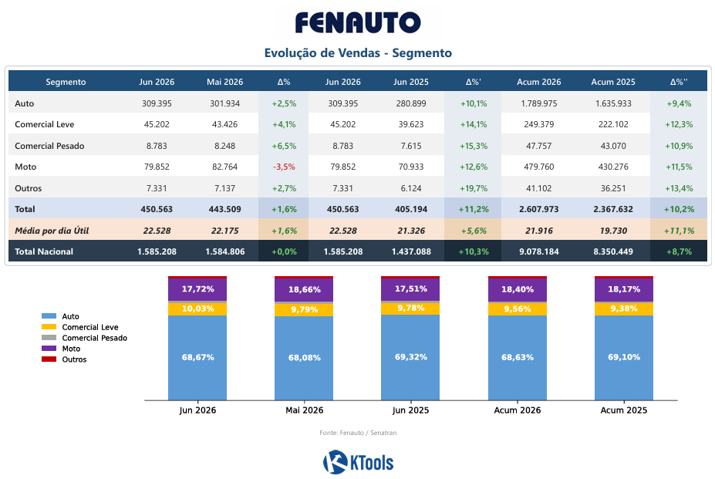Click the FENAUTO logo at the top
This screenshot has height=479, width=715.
(358, 22)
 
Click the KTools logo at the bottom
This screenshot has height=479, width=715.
(359, 462)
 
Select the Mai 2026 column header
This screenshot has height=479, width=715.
(224, 82)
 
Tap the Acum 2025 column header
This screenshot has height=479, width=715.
(613, 82)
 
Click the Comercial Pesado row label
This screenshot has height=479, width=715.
(49, 146)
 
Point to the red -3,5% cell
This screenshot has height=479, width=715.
(284, 167)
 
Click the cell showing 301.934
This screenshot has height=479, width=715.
(224, 103)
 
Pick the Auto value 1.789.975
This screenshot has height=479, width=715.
(539, 103)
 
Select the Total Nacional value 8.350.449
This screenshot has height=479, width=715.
(613, 251)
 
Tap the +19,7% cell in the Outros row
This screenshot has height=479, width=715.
(474, 188)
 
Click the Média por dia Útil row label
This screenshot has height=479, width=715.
(52, 231)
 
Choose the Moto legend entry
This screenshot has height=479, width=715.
(61, 349)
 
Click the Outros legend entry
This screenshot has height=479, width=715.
(64, 359)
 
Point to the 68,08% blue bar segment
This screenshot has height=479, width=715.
(304, 358)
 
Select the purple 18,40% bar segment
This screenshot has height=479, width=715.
(518, 290)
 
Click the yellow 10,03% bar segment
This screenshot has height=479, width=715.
(197, 309)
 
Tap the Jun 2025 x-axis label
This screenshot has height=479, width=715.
(410, 410)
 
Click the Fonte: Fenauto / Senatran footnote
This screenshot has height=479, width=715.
(358, 433)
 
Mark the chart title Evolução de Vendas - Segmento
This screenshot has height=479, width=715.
(358, 53)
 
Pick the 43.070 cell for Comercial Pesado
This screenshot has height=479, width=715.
(613, 146)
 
